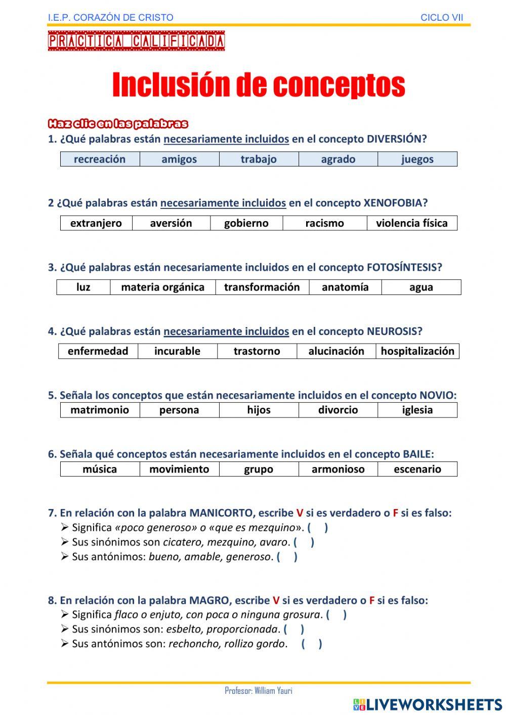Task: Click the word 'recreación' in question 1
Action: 100,159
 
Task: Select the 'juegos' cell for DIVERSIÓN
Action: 417,159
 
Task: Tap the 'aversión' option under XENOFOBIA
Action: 171,223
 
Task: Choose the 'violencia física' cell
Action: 412,223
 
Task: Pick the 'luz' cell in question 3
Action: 83,287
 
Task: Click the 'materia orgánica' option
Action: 163,287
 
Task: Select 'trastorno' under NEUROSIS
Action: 257,351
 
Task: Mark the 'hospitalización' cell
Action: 417,351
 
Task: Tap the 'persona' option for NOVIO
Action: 179,410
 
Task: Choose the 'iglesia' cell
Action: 417,410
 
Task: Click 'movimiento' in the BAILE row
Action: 179,469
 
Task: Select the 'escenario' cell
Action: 417,469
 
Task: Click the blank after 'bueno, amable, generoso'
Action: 287,557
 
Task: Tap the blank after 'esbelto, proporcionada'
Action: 294,629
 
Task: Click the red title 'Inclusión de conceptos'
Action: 259,85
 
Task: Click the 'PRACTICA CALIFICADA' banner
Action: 136,41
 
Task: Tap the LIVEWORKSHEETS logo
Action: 428,704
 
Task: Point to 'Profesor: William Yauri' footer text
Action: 259,691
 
